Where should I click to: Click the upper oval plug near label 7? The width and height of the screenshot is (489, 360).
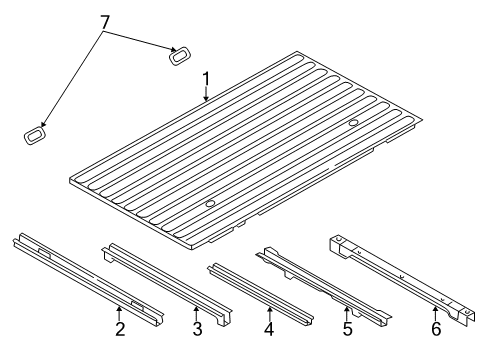181,56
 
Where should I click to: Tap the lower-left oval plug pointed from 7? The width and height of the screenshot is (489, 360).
35,133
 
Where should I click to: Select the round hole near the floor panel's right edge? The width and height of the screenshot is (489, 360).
355,122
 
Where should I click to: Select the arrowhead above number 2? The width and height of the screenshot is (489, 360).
120,309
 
